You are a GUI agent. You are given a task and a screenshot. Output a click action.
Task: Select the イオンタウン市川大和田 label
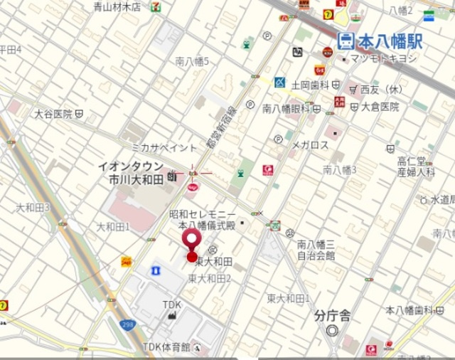[133, 172]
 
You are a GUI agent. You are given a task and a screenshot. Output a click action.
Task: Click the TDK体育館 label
[166, 346]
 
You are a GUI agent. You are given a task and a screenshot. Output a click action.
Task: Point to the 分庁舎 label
[332, 316]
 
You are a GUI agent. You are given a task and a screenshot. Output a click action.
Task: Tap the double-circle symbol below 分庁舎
[332, 330]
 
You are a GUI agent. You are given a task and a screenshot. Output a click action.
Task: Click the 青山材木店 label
[117, 7]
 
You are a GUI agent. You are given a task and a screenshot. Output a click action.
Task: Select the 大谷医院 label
[53, 114]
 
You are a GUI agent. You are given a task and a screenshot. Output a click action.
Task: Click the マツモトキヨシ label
[383, 58]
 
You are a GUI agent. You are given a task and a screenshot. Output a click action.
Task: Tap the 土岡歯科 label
[310, 84]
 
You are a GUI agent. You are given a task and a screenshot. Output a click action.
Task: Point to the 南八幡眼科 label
[286, 108]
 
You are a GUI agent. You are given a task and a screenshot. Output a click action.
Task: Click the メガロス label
[311, 145]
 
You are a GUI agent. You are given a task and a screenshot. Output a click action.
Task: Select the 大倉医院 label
[380, 107]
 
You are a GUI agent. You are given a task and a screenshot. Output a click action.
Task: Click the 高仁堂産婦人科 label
[416, 166]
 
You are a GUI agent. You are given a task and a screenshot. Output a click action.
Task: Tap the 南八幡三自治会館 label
[316, 250]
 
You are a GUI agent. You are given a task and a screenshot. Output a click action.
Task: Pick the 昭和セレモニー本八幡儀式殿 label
[202, 218]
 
